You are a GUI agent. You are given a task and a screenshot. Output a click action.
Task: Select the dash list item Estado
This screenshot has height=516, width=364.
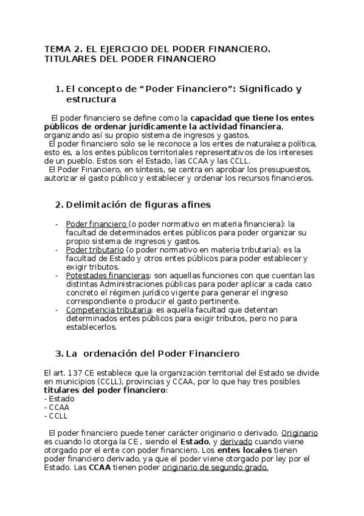(59, 399)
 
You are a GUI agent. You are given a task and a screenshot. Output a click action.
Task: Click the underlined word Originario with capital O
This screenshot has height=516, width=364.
(299, 433)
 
